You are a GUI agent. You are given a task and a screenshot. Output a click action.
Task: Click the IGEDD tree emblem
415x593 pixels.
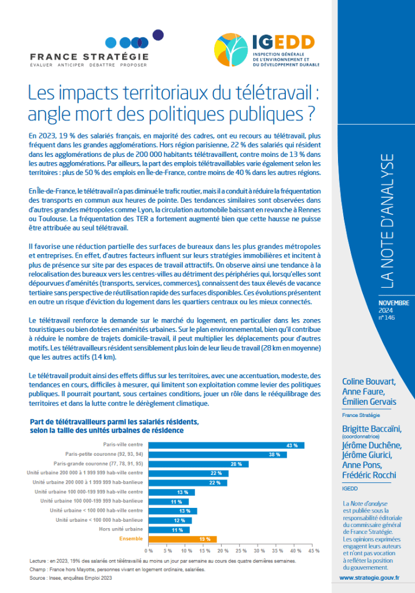click(x=232, y=50)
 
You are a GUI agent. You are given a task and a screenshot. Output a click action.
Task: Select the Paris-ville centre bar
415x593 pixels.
click(x=226, y=445)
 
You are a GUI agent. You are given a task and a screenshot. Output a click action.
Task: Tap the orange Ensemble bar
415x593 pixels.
click(x=182, y=539)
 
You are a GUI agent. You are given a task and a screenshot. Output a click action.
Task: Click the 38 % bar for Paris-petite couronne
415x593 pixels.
click(x=218, y=455)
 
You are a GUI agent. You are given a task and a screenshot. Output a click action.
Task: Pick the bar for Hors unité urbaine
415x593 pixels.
click(x=169, y=530)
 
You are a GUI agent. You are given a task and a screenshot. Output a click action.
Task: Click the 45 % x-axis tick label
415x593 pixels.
click(x=314, y=551)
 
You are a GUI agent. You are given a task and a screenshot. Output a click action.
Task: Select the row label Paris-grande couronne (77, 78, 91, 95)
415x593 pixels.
click(x=98, y=464)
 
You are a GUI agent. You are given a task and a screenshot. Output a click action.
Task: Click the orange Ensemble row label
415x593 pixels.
click(x=131, y=539)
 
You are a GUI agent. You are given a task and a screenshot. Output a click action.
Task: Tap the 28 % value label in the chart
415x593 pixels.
click(x=236, y=464)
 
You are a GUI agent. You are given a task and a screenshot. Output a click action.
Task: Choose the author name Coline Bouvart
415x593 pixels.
click(x=369, y=382)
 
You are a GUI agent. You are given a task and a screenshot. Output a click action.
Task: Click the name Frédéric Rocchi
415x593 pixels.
click(x=369, y=475)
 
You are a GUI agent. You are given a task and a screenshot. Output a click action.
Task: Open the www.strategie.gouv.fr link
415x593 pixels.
click(x=369, y=578)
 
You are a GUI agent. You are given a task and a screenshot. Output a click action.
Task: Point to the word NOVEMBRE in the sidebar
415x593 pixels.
click(x=394, y=303)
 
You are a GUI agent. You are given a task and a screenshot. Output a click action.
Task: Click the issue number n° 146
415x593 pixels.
click(x=387, y=318)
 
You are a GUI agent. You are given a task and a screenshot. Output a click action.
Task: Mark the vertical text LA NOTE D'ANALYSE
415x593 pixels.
click(x=387, y=221)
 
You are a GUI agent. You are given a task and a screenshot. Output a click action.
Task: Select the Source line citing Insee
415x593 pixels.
click(x=71, y=578)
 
